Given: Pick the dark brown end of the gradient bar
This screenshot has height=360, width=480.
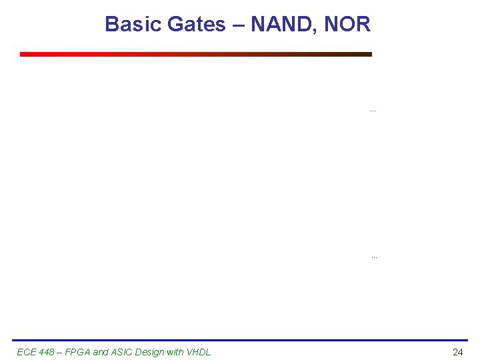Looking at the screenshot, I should (367, 55).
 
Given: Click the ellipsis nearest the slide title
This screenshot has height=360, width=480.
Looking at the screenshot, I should (373, 110).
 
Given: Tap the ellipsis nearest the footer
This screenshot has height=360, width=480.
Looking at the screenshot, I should (374, 257).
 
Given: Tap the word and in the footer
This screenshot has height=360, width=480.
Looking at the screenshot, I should (101, 352).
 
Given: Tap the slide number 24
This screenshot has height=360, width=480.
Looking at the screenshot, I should (457, 352).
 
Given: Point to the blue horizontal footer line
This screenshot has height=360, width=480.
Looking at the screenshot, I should (240, 341).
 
